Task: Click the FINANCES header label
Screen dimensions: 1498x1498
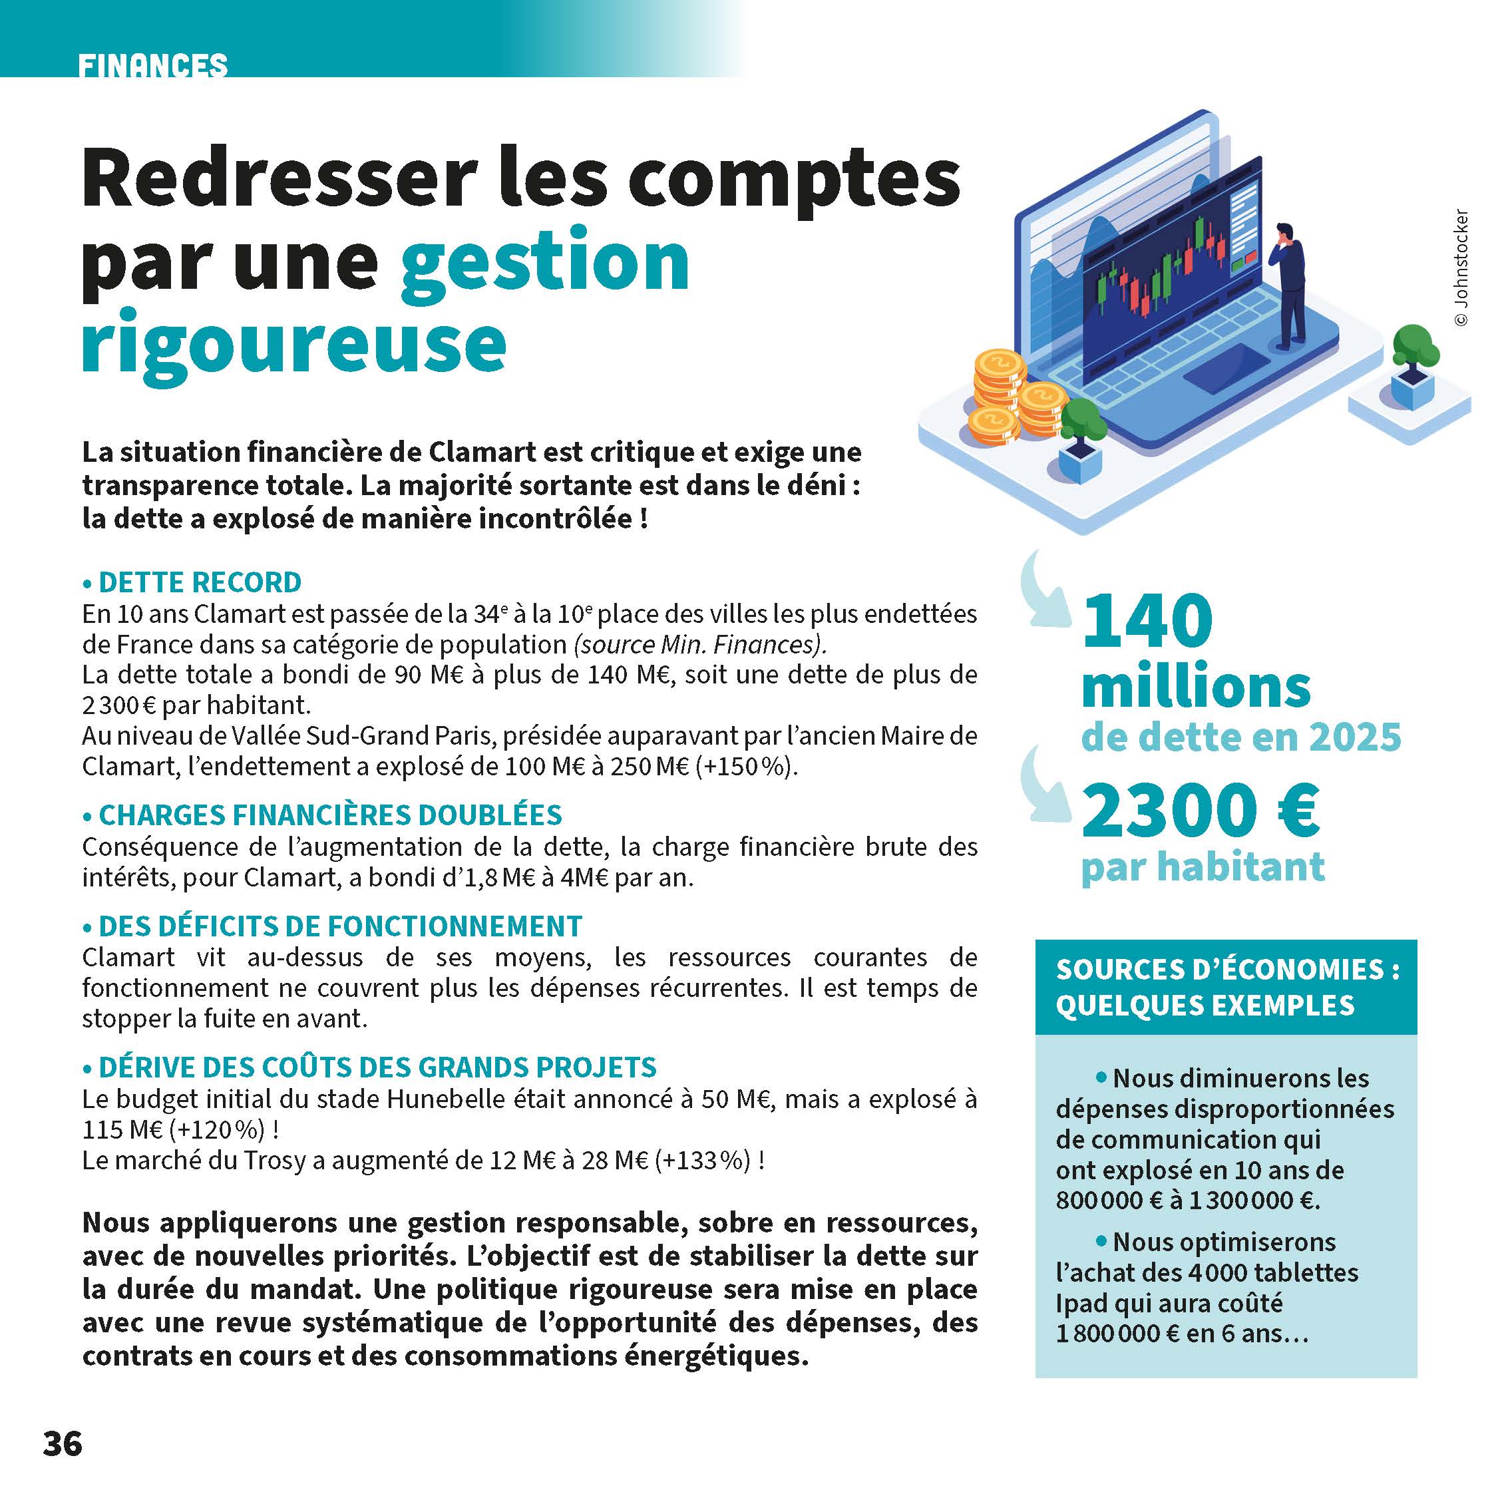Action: [153, 66]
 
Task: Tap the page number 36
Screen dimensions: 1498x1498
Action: [63, 1443]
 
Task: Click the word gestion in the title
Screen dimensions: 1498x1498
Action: [544, 262]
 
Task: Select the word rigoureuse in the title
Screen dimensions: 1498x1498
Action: [294, 344]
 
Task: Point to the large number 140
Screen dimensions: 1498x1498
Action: [1147, 621]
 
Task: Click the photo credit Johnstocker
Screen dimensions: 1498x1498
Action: [1461, 268]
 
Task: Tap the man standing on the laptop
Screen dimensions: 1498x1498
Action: [1288, 283]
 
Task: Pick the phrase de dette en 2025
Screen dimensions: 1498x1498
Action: [1240, 737]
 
